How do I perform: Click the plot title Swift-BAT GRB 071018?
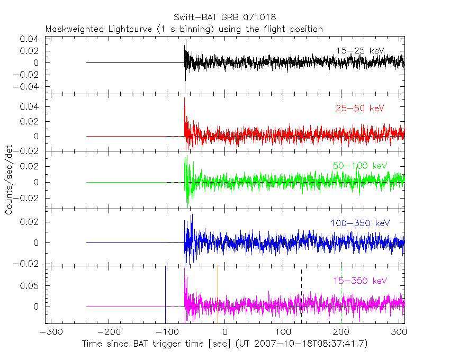(224, 17)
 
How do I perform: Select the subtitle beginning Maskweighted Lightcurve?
(184, 29)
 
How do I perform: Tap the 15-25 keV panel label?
(359, 51)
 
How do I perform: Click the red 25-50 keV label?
(359, 109)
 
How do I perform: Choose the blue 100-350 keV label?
(360, 223)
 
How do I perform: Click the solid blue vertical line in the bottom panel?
(166, 292)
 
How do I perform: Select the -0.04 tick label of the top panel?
(29, 86)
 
